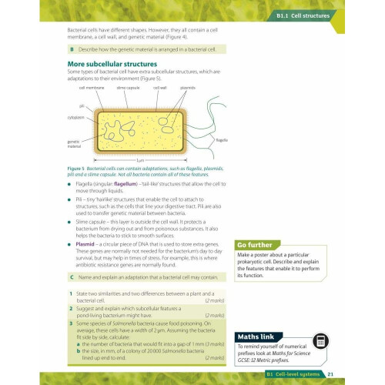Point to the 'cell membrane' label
point(92,89)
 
